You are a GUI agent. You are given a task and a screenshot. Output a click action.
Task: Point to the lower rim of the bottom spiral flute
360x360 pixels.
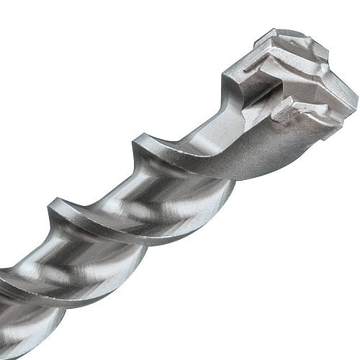50,310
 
